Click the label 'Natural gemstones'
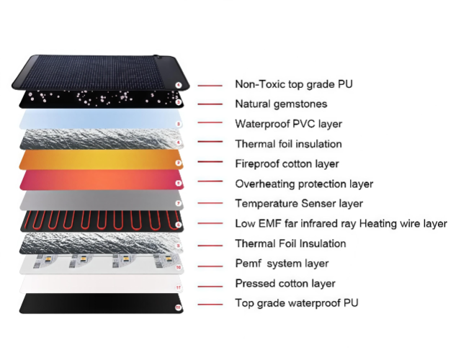(281, 104)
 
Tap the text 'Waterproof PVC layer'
(288, 124)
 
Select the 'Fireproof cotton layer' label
(287, 163)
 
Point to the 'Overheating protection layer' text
(304, 184)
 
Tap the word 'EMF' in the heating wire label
(270, 224)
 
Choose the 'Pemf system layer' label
(282, 264)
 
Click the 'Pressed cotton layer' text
(285, 284)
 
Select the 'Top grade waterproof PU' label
(297, 303)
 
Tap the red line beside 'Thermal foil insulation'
(210, 142)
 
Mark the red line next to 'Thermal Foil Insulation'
(210, 246)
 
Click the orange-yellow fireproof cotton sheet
(101, 160)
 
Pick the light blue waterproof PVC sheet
(100, 119)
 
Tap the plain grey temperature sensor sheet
(102, 200)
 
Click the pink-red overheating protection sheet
(102, 180)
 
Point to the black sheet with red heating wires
(102, 221)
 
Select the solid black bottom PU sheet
(101, 303)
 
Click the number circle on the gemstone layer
(178, 102)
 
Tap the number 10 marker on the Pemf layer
(178, 267)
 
